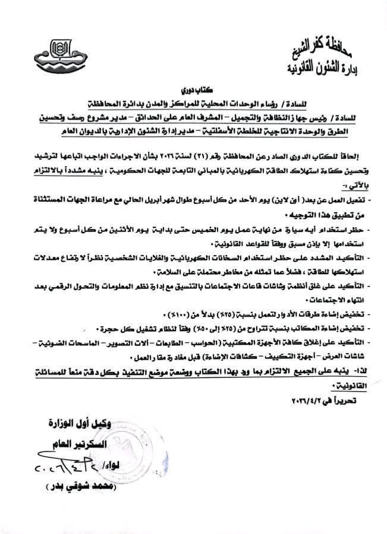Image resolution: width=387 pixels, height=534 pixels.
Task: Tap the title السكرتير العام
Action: [x=73, y=443]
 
